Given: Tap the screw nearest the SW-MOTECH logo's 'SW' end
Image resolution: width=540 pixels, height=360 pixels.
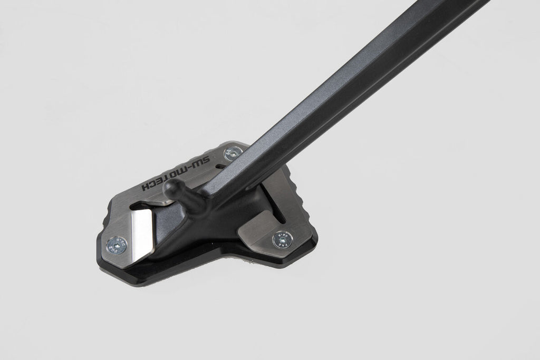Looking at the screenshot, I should [x=232, y=153].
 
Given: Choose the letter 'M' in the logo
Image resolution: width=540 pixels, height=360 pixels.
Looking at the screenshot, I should [x=182, y=169].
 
